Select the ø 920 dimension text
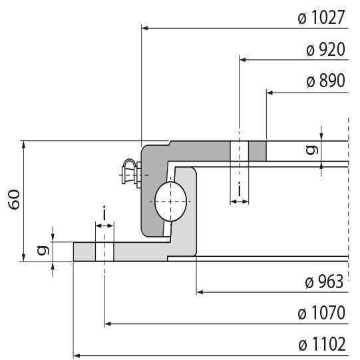click(x=325, y=50)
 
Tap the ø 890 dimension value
click(x=325, y=82)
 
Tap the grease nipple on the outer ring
click(x=130, y=172)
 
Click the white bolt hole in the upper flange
click(x=239, y=151)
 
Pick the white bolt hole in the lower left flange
click(x=104, y=252)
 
